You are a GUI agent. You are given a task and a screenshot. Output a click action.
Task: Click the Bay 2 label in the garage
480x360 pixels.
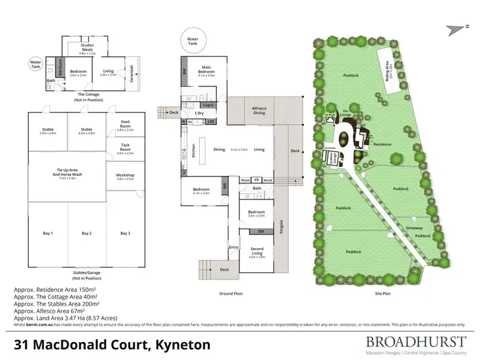pos(86,233)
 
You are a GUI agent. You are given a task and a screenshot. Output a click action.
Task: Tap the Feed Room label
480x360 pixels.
pos(125,124)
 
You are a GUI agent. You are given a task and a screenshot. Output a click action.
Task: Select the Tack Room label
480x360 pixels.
pos(125,148)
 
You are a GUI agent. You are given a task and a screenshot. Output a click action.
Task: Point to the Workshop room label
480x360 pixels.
pos(125,176)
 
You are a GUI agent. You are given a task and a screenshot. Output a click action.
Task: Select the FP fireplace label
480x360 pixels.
pos(257,180)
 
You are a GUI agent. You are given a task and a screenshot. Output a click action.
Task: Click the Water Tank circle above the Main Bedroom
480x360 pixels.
pos(193,39)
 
